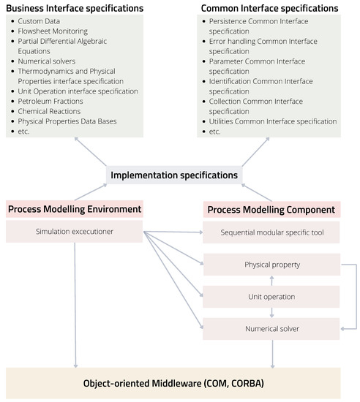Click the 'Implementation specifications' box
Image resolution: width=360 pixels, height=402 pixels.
click(x=173, y=175)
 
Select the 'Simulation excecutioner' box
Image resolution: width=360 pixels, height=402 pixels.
click(x=74, y=232)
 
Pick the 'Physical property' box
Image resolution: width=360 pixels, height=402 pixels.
click(x=271, y=264)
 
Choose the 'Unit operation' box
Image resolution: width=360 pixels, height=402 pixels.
click(x=271, y=297)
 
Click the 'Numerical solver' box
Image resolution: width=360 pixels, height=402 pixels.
click(x=271, y=329)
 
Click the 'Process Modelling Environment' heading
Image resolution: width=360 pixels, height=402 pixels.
click(x=74, y=209)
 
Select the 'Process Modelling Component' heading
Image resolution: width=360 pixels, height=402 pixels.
click(x=271, y=210)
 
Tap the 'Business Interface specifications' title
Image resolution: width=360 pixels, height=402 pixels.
click(x=75, y=8)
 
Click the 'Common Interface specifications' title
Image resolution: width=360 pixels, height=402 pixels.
click(x=269, y=8)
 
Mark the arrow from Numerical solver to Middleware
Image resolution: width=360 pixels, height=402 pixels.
click(x=271, y=354)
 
